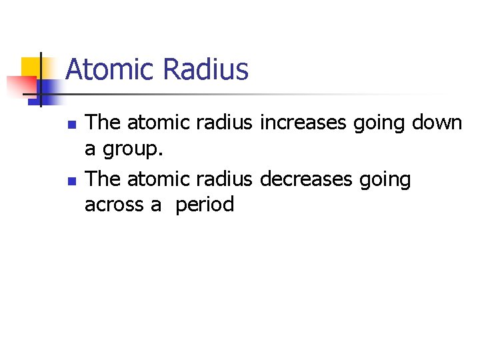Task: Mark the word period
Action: [205, 205]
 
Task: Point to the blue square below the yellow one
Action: [48, 87]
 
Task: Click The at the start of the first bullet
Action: [103, 123]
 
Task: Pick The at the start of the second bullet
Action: [103, 179]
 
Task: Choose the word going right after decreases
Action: [387, 179]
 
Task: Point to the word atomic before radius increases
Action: [158, 123]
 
